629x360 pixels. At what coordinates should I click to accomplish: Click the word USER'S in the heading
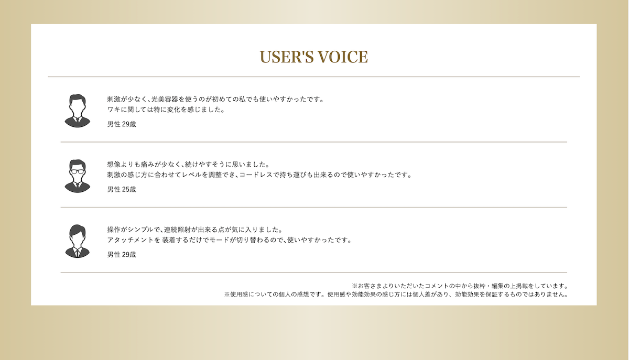click(286, 57)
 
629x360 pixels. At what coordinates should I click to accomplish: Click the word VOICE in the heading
click(343, 57)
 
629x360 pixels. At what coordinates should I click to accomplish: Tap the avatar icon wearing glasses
click(77, 176)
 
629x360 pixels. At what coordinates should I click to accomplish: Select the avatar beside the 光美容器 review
click(77, 111)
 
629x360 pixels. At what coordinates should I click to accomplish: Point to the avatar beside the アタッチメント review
click(77, 241)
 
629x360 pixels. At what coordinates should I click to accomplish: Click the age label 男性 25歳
click(122, 190)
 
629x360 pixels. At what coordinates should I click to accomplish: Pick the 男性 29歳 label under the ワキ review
click(122, 124)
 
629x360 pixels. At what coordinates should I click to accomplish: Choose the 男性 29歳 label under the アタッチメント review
click(122, 255)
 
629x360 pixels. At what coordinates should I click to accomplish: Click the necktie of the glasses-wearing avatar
click(77, 185)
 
